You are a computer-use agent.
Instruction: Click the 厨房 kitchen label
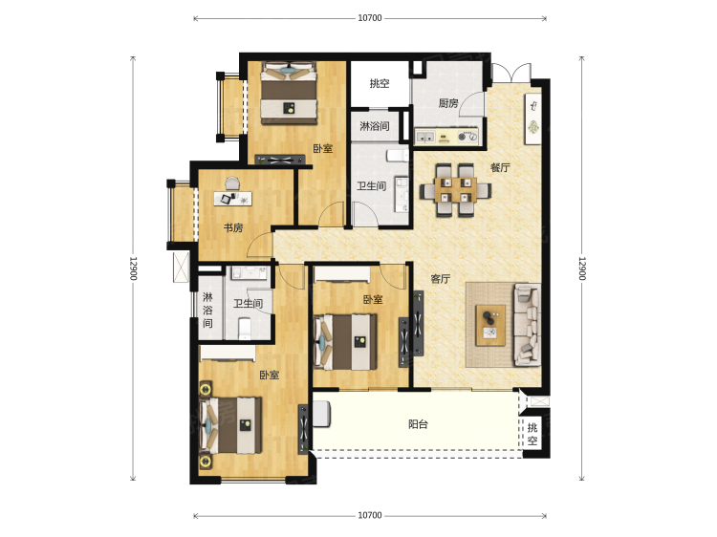(x=448, y=103)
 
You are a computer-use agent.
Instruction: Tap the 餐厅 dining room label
(x=500, y=168)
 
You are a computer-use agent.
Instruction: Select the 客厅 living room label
(x=441, y=279)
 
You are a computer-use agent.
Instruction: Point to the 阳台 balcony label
(x=418, y=424)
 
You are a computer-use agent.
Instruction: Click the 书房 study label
(x=233, y=227)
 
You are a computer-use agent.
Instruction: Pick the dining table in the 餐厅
(x=455, y=190)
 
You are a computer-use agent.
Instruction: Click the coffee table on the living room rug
(x=490, y=325)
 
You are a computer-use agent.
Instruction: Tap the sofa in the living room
(x=528, y=325)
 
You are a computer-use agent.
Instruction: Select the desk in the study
(x=232, y=199)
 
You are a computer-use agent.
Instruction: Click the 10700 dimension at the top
(x=369, y=18)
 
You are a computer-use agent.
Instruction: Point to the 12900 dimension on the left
(x=133, y=268)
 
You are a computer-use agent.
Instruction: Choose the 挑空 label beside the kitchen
(x=380, y=84)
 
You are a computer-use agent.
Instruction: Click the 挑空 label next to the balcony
(x=532, y=434)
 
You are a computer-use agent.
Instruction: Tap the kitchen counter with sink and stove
(x=446, y=137)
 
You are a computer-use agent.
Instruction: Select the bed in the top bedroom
(x=289, y=93)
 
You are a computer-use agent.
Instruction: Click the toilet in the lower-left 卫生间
(x=245, y=328)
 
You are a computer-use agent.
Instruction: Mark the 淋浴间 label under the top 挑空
(x=375, y=126)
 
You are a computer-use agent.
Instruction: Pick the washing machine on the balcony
(x=322, y=414)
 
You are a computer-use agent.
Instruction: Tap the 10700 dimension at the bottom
(x=369, y=516)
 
